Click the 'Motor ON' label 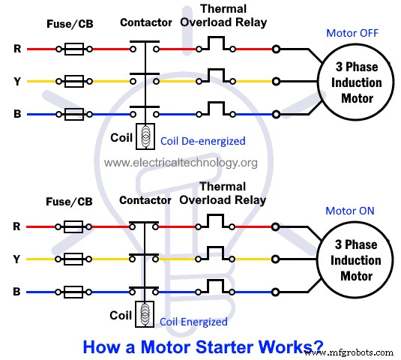349,211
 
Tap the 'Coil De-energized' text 202,140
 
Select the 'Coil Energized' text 193,321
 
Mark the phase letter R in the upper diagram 17,49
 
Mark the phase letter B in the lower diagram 17,291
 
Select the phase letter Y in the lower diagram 17,259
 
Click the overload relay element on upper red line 216,46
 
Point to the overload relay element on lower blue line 216,287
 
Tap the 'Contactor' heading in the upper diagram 146,22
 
